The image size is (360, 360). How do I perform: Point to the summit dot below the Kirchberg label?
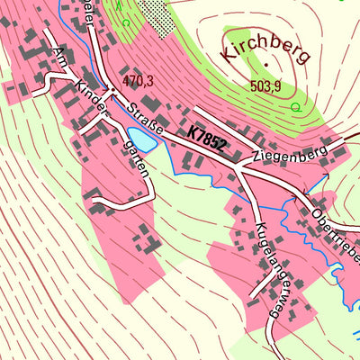click(265, 67)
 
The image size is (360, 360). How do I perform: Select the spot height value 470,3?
click(138, 81)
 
